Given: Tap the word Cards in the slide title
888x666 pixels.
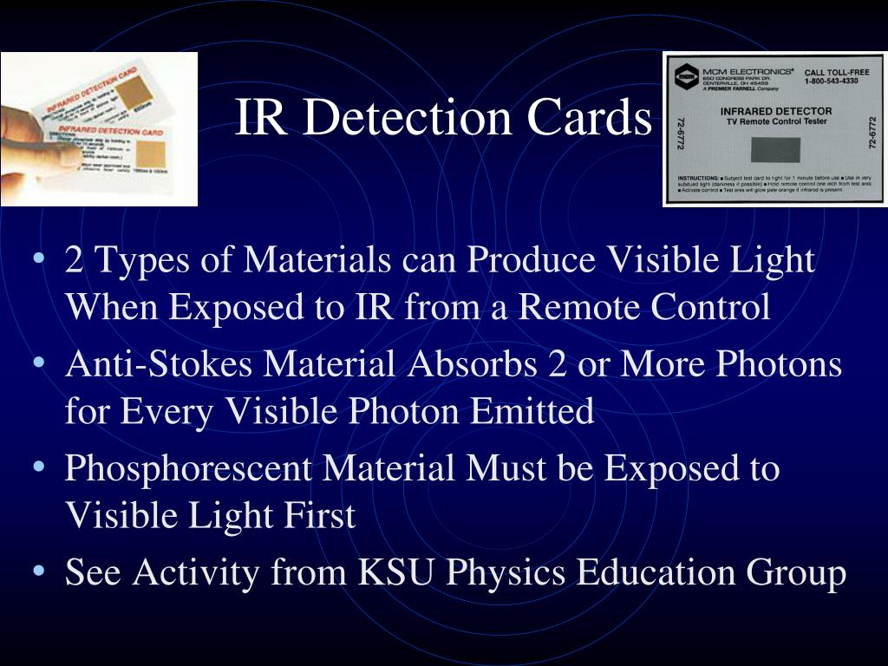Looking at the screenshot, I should point(591,119).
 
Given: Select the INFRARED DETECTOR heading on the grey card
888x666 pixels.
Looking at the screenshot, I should point(775,111).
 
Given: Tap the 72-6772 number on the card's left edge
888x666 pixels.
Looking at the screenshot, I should point(679,131).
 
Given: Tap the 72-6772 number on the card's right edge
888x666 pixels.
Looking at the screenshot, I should point(872,131).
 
